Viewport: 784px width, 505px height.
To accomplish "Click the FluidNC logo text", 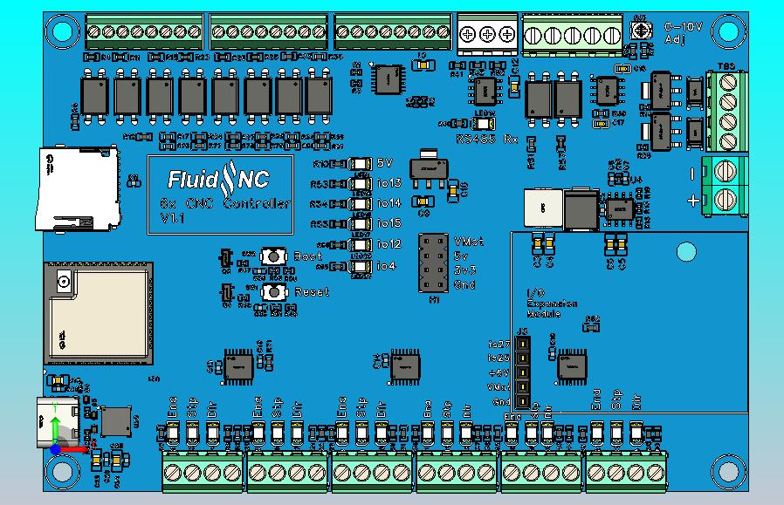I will (218, 180).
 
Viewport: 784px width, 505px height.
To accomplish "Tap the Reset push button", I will (274, 292).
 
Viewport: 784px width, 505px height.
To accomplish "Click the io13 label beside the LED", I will (389, 183).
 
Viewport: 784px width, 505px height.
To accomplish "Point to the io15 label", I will (389, 223).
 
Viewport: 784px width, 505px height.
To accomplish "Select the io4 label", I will (386, 265).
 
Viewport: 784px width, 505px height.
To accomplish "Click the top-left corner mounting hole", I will (61, 32).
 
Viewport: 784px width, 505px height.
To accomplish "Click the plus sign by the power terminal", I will (692, 201).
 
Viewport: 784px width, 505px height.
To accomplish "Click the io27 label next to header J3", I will (499, 345).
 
